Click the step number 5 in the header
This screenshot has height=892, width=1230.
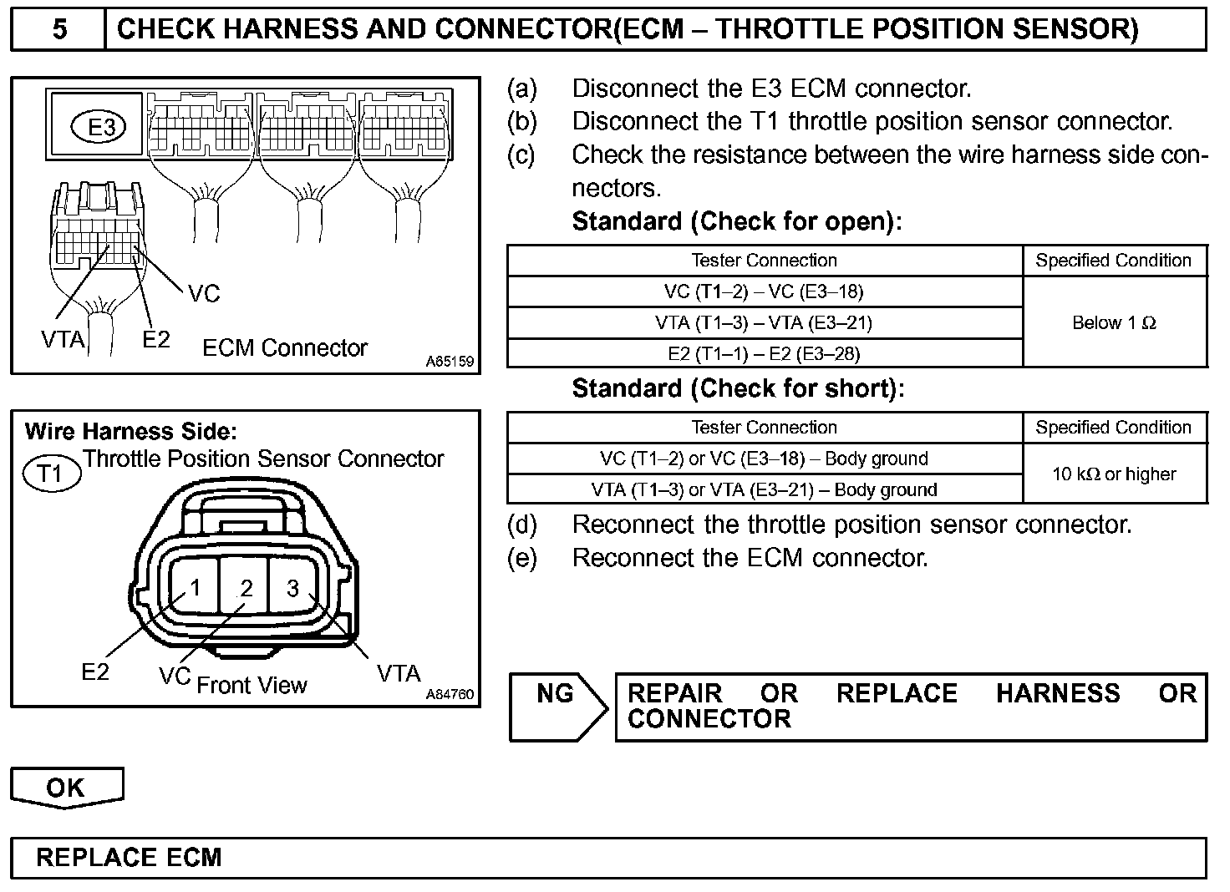point(59,30)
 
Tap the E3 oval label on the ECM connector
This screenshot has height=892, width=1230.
point(101,128)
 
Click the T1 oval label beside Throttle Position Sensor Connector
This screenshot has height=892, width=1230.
point(50,474)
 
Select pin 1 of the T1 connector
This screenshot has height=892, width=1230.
point(194,588)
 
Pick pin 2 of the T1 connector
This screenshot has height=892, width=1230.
point(245,588)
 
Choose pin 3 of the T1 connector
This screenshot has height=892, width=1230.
point(292,588)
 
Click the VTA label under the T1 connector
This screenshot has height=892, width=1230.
point(398,672)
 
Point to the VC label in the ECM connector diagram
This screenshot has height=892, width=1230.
point(203,293)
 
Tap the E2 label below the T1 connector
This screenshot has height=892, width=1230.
point(94,672)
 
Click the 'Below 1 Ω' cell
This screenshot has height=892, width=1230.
point(1114,322)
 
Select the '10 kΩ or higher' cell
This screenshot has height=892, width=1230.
point(1114,474)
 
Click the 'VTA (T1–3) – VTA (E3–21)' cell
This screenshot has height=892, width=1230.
point(765,322)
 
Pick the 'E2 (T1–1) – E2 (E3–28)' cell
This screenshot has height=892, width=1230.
point(765,353)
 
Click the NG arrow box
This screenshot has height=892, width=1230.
point(558,707)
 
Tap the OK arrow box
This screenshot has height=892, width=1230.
point(66,788)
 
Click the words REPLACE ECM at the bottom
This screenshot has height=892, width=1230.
point(129,858)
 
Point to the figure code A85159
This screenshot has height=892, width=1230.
point(449,362)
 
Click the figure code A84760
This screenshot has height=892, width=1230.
point(449,695)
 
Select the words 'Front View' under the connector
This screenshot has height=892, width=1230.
point(252,686)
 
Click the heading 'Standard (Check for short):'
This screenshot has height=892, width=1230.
point(738,388)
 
